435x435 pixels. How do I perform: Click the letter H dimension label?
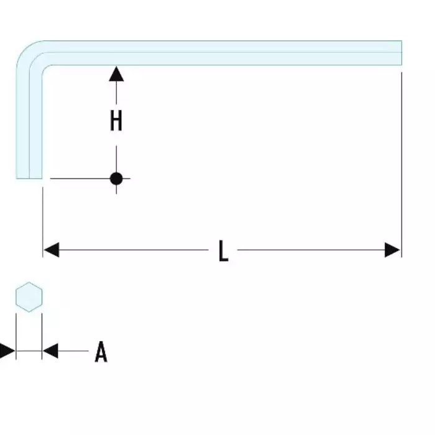(x=116, y=121)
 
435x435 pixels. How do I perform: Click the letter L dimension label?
(x=223, y=251)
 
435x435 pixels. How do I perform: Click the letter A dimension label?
(x=101, y=352)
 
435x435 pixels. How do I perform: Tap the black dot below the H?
(x=116, y=178)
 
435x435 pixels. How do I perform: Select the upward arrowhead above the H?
(x=116, y=74)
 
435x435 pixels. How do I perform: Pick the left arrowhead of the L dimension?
(x=52, y=250)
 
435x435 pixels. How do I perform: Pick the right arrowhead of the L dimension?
(x=392, y=250)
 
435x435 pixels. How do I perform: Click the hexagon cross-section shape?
(x=29, y=297)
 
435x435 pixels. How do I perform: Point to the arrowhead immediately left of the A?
(x=50, y=351)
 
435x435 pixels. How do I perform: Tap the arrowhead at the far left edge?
(x=7, y=351)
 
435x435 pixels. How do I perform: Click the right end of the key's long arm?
(x=401, y=53)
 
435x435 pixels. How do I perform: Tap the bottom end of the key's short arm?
(x=29, y=178)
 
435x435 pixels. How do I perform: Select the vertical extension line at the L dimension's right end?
(x=401, y=165)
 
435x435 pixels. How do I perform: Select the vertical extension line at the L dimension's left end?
(x=43, y=222)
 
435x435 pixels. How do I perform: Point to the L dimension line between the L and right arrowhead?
(x=311, y=250)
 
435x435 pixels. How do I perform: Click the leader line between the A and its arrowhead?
(x=73, y=351)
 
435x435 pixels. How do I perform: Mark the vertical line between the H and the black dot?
(x=116, y=158)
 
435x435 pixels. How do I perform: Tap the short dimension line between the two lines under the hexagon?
(x=29, y=351)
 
